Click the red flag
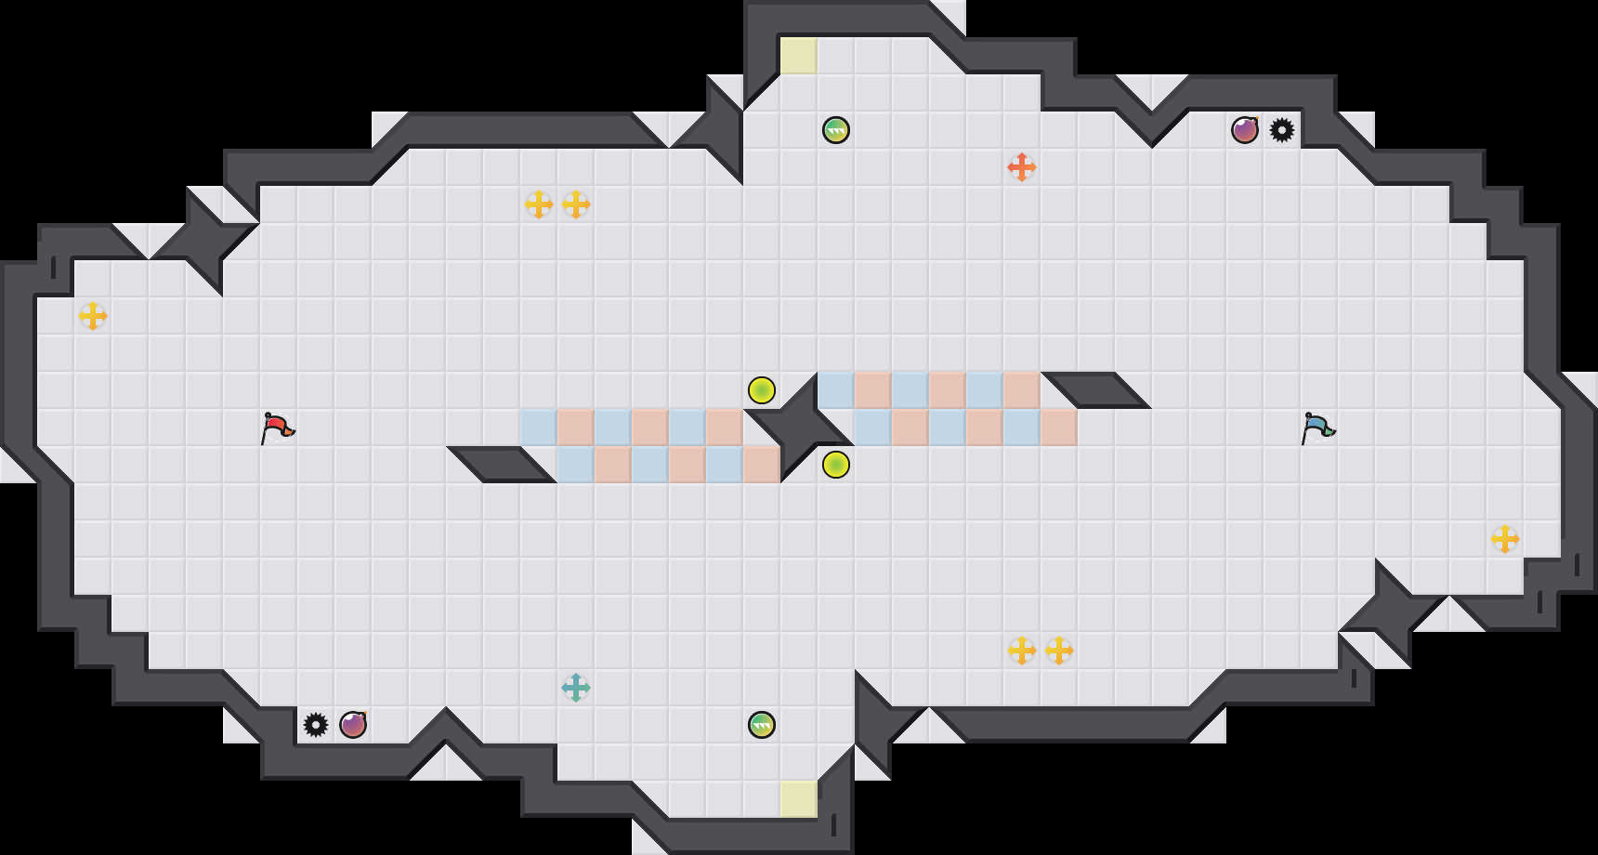tap(277, 427)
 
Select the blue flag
tap(1317, 427)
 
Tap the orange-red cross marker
tap(1022, 167)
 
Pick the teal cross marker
tap(576, 688)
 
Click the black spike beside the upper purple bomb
tap(1282, 130)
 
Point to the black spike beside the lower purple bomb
tap(316, 725)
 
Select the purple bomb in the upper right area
tap(1245, 130)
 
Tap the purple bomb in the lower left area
tap(353, 725)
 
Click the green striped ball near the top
tap(836, 130)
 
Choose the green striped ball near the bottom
tap(762, 725)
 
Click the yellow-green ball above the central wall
tap(762, 390)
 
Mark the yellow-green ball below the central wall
tap(836, 465)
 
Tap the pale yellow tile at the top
tap(799, 56)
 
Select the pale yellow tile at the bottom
tap(799, 799)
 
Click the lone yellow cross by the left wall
tap(93, 316)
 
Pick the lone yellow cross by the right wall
tap(1505, 539)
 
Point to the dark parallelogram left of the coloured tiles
tap(502, 464)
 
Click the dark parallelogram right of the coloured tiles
tap(1096, 389)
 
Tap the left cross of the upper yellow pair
tap(539, 204)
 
